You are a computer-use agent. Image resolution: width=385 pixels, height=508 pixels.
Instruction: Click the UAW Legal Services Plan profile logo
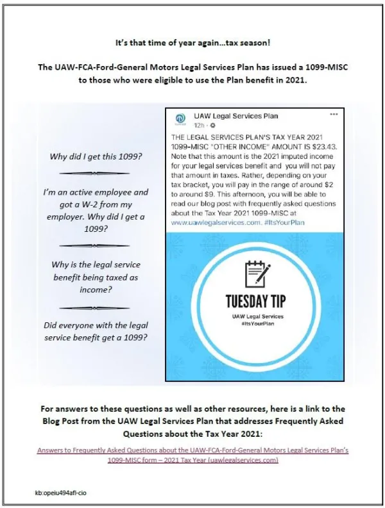point(180,119)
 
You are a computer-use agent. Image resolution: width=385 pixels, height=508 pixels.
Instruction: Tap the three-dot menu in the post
point(334,114)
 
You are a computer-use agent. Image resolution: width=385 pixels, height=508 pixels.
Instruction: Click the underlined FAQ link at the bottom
point(193,455)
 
